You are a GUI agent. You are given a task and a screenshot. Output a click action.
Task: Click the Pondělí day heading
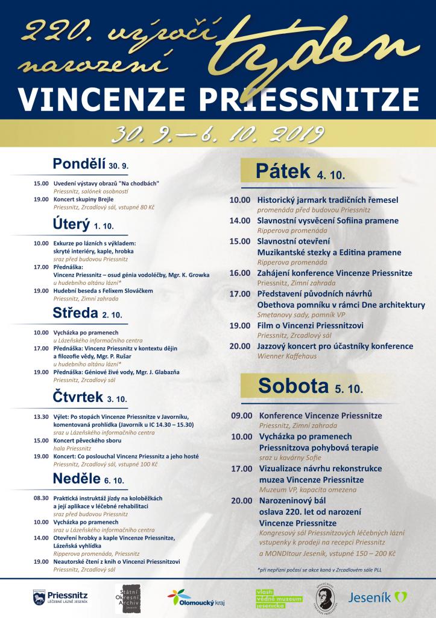tap(90, 164)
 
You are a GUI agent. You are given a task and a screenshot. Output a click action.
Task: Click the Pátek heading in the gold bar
tap(299, 173)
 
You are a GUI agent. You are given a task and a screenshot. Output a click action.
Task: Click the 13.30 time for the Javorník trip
tap(41, 417)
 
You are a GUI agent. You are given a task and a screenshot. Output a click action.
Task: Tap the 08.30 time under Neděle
tap(41, 498)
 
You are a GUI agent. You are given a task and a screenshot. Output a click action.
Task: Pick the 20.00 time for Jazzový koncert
tap(239, 346)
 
